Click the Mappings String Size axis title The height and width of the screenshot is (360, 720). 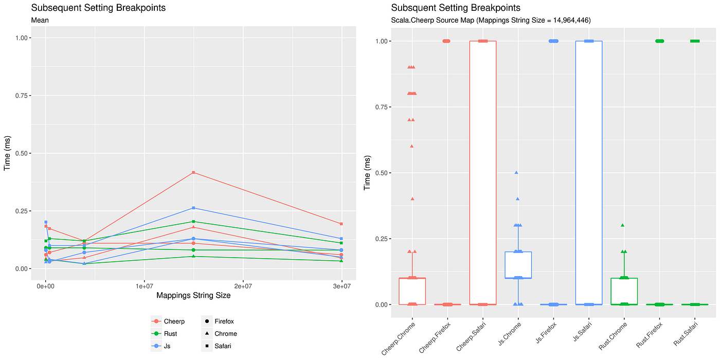(193, 296)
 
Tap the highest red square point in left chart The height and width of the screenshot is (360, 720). (193, 172)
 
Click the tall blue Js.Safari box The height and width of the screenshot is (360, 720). (589, 172)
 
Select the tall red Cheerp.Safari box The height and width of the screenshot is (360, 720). (482, 172)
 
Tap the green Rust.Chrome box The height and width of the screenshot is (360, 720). (624, 291)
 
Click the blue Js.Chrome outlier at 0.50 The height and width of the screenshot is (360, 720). (516, 173)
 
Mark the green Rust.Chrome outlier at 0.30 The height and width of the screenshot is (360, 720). (622, 225)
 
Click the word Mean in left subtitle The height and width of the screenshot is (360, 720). (40, 21)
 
